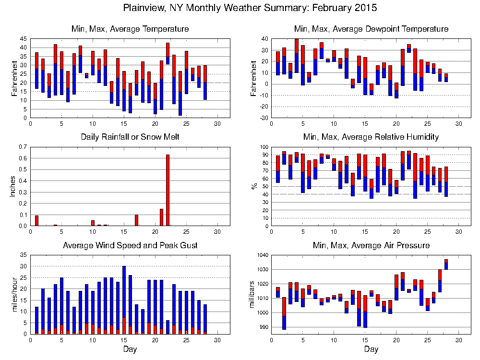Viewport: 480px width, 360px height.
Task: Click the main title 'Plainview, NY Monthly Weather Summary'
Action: pyautogui.click(x=250, y=8)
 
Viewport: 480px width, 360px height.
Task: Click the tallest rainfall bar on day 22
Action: pyautogui.click(x=168, y=190)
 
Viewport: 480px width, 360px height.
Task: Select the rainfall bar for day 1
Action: pyautogui.click(x=36, y=220)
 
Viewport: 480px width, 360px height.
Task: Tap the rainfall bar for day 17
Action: pyautogui.click(x=136, y=220)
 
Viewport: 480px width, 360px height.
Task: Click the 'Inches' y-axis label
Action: pyautogui.click(x=13, y=186)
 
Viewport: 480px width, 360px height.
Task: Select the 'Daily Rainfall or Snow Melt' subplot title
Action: pyautogui.click(x=130, y=137)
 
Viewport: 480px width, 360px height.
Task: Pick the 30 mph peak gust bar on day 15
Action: pyautogui.click(x=124, y=300)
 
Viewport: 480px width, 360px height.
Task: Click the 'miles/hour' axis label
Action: pyautogui.click(x=13, y=295)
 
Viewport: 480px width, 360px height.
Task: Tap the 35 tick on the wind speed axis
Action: pyautogui.click(x=23, y=255)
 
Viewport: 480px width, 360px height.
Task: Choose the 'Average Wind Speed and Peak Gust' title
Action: pyautogui.click(x=130, y=245)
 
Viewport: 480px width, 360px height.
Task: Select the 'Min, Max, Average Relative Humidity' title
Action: pyautogui.click(x=371, y=137)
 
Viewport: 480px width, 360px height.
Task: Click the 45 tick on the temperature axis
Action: pyautogui.click(x=23, y=39)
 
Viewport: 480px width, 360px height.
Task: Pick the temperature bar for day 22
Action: pyautogui.click(x=168, y=53)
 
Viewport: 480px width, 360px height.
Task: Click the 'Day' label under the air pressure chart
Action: pyautogui.click(x=371, y=349)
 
